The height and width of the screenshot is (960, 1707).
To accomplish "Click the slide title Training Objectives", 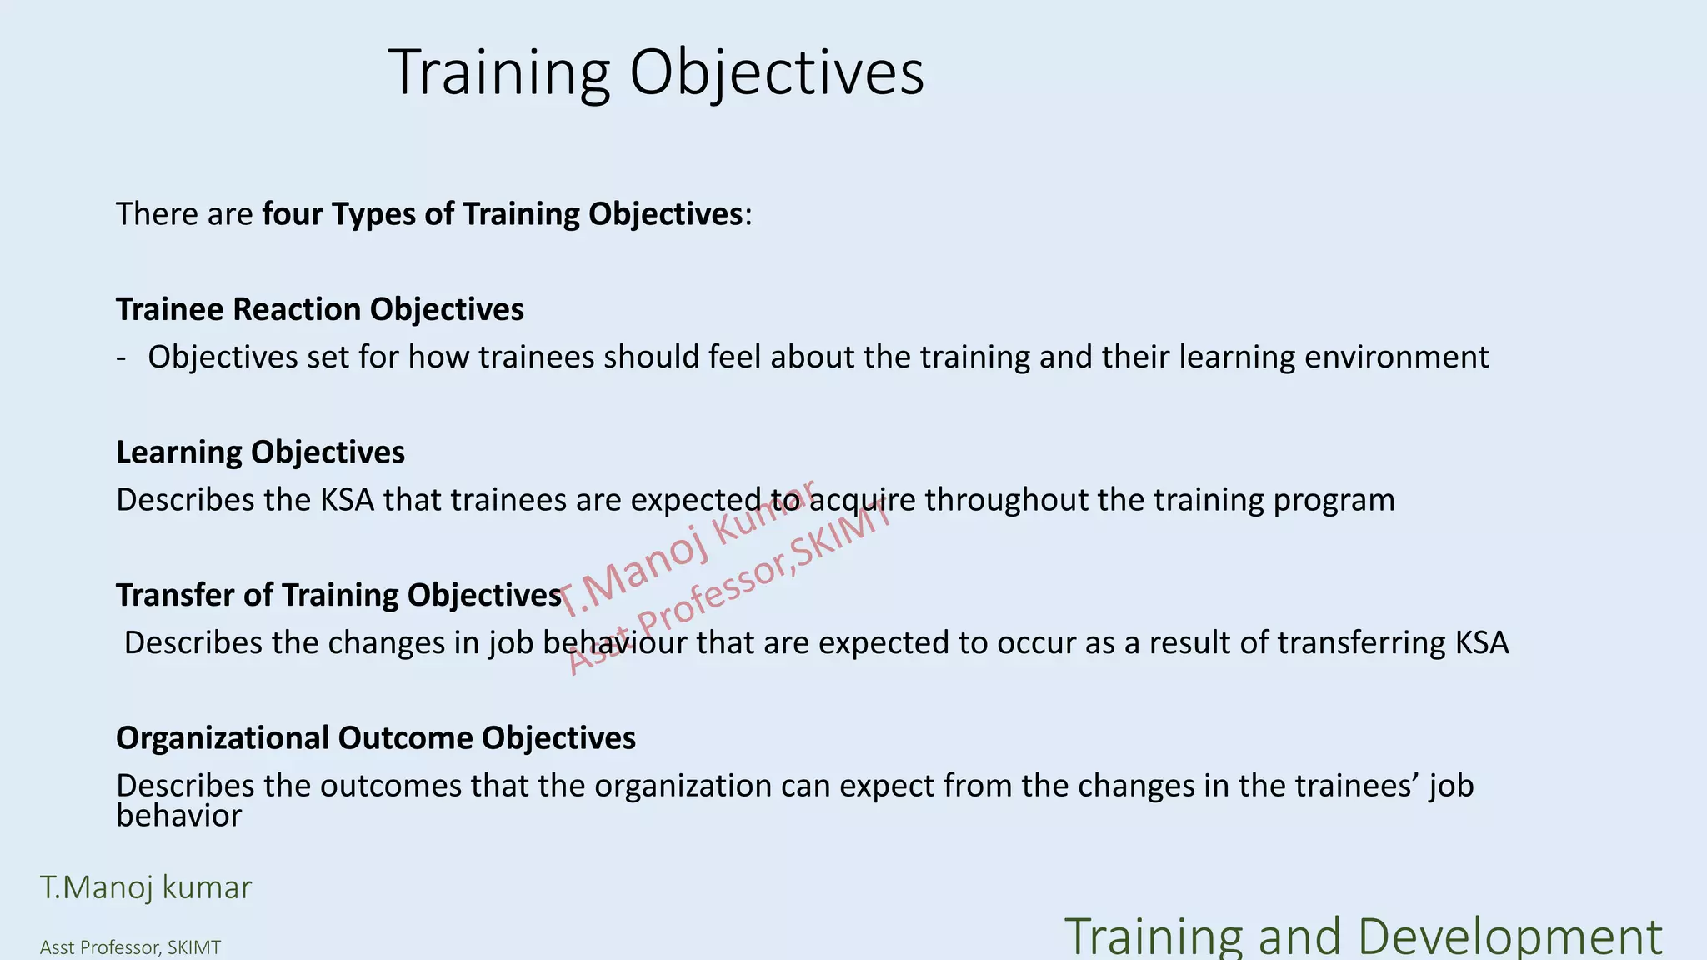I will (656, 73).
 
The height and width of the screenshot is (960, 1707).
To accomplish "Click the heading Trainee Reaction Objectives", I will (319, 309).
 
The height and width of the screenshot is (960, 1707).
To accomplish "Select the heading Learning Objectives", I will (260, 452).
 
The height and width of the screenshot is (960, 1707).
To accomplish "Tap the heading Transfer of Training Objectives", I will (338, 596).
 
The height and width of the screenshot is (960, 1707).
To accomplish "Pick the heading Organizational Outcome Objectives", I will (375, 738).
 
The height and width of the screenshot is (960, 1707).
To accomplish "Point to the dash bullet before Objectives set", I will (122, 358).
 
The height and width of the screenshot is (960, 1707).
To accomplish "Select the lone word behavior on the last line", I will (178, 816).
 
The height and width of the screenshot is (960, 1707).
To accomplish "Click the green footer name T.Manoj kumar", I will (146, 888).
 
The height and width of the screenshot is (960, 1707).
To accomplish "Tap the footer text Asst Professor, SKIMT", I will (130, 948).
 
